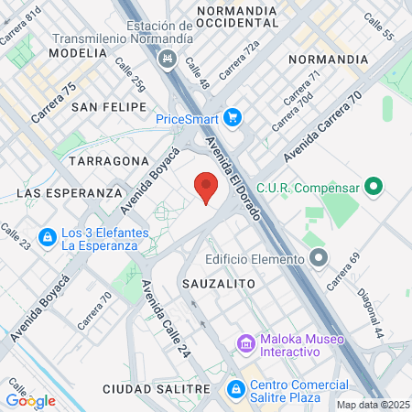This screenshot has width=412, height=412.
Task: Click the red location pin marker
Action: pyautogui.click(x=206, y=188)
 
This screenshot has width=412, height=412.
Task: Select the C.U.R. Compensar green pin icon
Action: pyautogui.click(x=373, y=189)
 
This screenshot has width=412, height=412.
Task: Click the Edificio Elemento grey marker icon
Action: pyautogui.click(x=318, y=258)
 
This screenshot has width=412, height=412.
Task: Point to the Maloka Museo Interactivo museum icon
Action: pyautogui.click(x=245, y=343)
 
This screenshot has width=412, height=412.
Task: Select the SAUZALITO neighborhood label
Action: pyautogui.click(x=218, y=284)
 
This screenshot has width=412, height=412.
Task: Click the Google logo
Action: pyautogui.click(x=30, y=400)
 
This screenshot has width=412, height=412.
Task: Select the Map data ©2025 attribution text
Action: pyautogui.click(x=373, y=404)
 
